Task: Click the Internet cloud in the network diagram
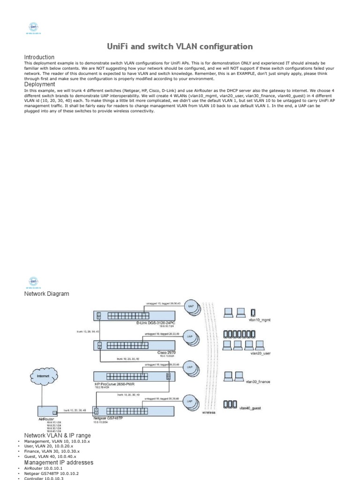44,375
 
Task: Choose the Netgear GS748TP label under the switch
108,418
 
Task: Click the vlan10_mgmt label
261,320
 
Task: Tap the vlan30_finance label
258,382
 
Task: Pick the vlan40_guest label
250,408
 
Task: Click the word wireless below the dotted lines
209,413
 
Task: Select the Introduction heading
39,57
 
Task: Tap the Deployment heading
39,84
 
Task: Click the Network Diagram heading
46,293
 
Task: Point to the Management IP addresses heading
59,462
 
